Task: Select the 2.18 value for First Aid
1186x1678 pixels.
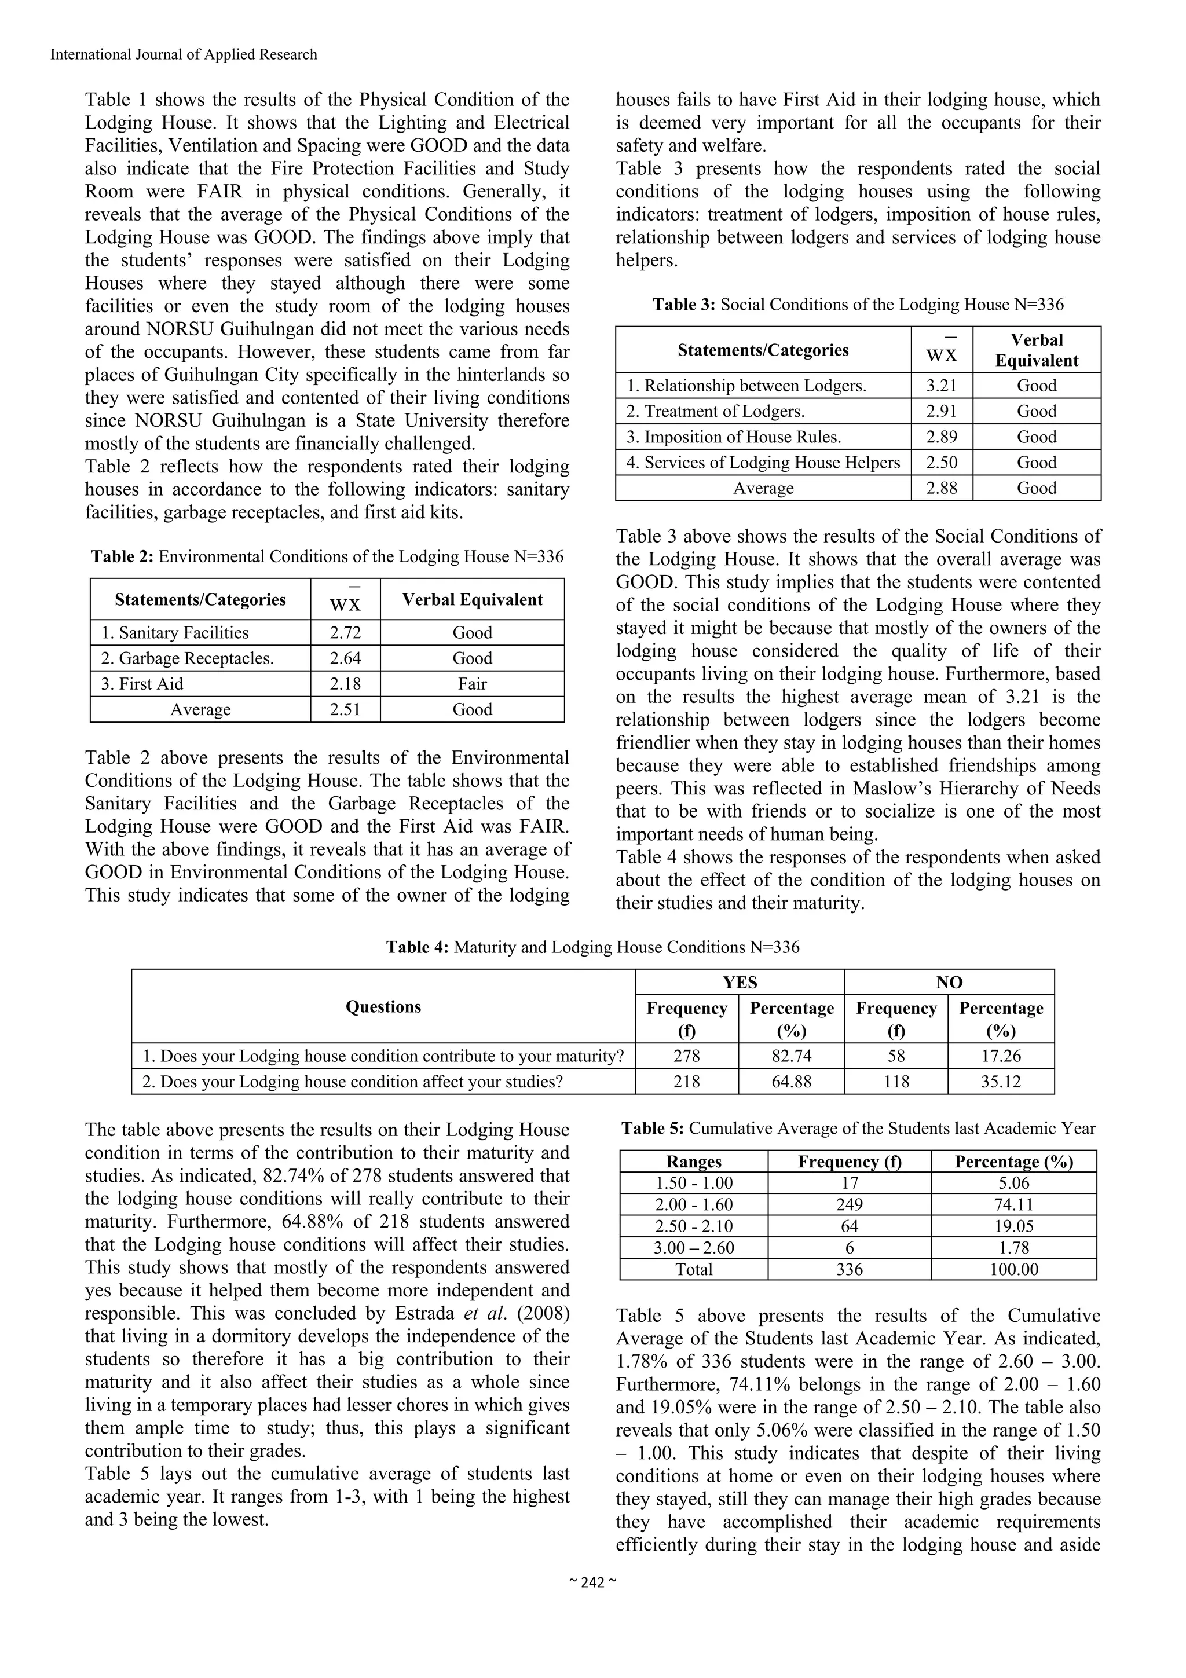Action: tap(345, 684)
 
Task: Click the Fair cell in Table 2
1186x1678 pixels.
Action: tap(472, 684)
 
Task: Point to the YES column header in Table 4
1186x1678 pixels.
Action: tap(740, 982)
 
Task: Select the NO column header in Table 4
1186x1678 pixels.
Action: tap(949, 982)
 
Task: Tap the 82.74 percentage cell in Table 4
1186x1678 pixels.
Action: tap(792, 1056)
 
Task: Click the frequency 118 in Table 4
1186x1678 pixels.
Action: tap(896, 1082)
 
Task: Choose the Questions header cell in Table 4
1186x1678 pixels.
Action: tap(383, 1006)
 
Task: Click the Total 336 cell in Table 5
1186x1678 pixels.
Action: tap(849, 1269)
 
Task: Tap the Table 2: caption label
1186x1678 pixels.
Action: tap(122, 557)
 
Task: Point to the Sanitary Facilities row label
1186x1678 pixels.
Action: tap(175, 633)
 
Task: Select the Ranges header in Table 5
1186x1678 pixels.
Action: tap(694, 1162)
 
